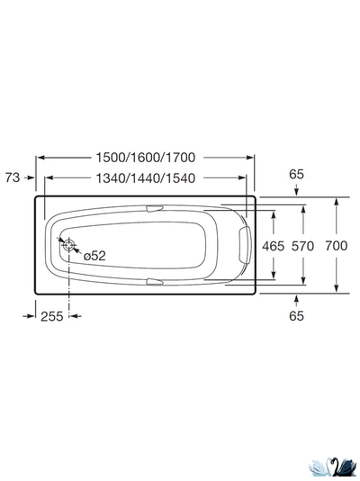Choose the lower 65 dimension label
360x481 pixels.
tap(297, 315)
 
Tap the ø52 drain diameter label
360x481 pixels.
tap(94, 256)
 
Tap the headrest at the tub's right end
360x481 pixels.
tap(247, 244)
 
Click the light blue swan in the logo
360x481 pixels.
tap(320, 466)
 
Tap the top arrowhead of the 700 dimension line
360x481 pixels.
tap(337, 200)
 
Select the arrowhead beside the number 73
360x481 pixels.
tap(31, 177)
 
